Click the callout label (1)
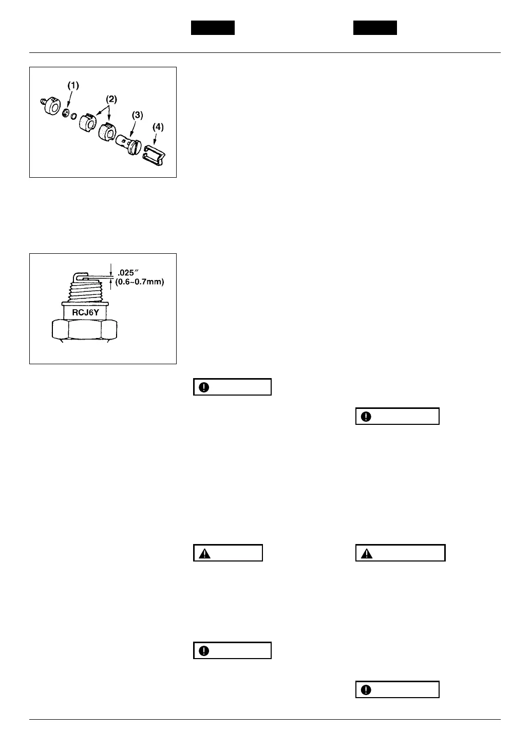(73, 86)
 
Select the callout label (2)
(111, 99)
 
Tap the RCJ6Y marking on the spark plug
(85, 311)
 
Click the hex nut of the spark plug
(84, 329)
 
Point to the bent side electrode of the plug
(77, 277)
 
